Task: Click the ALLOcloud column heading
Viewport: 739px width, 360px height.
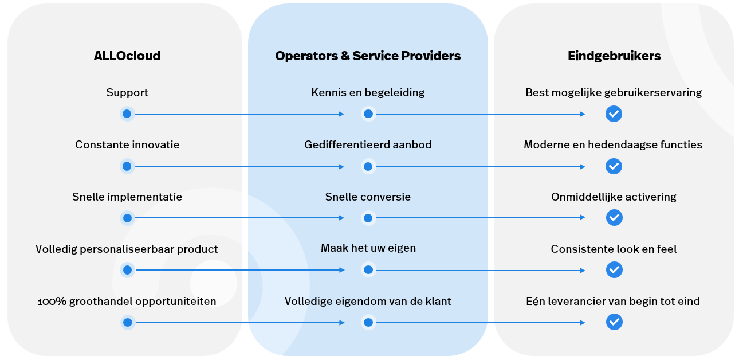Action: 127,56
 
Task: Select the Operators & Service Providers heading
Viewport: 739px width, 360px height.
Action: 368,56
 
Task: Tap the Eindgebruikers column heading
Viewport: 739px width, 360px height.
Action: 614,56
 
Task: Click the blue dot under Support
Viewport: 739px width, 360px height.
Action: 127,114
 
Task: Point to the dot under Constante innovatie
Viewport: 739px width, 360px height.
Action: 127,166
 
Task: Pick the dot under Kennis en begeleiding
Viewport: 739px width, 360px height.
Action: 368,114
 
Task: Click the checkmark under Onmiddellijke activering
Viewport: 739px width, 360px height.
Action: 614,218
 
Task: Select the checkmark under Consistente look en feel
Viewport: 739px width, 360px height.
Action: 614,269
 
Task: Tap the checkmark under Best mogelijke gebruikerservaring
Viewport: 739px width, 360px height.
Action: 614,114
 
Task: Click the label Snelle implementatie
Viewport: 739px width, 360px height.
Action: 127,197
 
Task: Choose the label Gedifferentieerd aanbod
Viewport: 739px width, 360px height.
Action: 368,145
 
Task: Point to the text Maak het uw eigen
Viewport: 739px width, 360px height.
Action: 368,249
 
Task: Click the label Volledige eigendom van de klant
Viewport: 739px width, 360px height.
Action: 368,301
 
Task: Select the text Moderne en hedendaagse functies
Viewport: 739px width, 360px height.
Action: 613,145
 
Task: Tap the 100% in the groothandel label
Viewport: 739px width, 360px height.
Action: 48,302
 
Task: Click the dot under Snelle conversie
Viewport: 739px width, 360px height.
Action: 368,218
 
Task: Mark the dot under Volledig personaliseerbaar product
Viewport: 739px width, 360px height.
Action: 127,269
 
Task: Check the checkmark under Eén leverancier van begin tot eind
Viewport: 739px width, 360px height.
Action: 614,322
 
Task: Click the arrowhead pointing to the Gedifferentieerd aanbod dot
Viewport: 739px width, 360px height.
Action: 341,166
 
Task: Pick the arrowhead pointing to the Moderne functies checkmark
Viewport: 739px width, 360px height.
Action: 583,166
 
